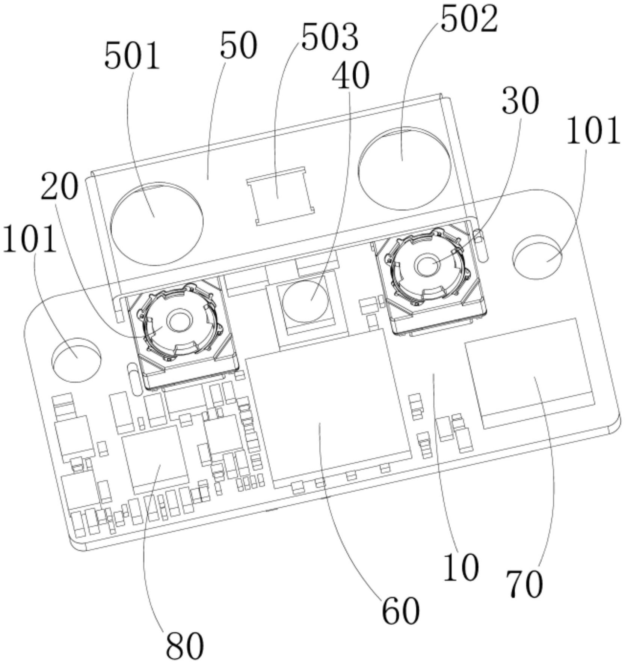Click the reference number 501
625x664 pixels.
pos(132,56)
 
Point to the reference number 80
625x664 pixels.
pos(185,646)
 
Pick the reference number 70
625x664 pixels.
pos(525,584)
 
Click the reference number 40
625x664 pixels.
pos(350,75)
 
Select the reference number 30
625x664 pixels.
pos(520,100)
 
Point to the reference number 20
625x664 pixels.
pos(60,187)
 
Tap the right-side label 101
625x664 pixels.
pos(593,131)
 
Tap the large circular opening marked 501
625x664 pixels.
pos(157,223)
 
